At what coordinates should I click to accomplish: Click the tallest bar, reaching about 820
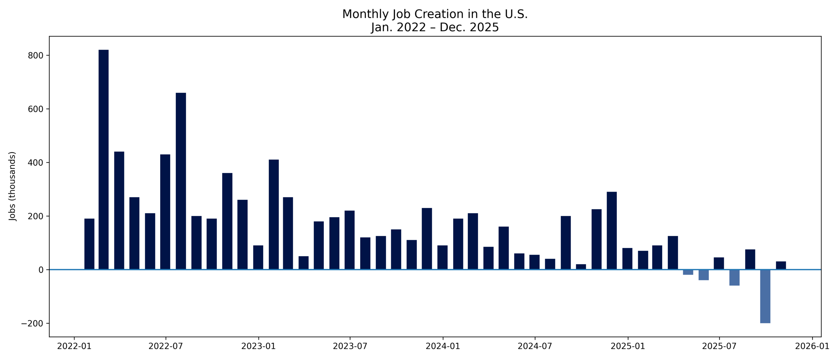coord(103,159)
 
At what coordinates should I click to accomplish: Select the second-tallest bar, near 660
coord(181,181)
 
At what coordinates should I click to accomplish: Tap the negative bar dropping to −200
coord(765,296)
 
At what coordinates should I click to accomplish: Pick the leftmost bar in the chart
coord(89,244)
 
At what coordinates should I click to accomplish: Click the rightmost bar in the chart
coord(781,265)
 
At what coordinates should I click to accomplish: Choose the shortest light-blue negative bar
coord(688,272)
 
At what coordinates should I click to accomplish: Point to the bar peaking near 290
coord(612,230)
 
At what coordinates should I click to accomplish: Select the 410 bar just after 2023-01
coord(274,214)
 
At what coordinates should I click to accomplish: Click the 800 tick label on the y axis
coord(35,56)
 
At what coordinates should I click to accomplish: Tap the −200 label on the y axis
coord(32,324)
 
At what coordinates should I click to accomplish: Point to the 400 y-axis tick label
coord(35,163)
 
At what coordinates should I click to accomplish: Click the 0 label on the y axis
coord(41,270)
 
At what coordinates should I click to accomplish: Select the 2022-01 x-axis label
coord(74,347)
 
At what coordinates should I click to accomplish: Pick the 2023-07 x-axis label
coord(350,347)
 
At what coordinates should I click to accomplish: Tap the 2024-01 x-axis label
coord(443,347)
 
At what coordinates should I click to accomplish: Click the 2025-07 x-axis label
coord(719,347)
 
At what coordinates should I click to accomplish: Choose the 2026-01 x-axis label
coord(812,347)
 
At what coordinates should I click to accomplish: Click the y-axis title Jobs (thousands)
coord(12,186)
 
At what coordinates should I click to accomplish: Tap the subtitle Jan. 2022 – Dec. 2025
coord(435,27)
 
